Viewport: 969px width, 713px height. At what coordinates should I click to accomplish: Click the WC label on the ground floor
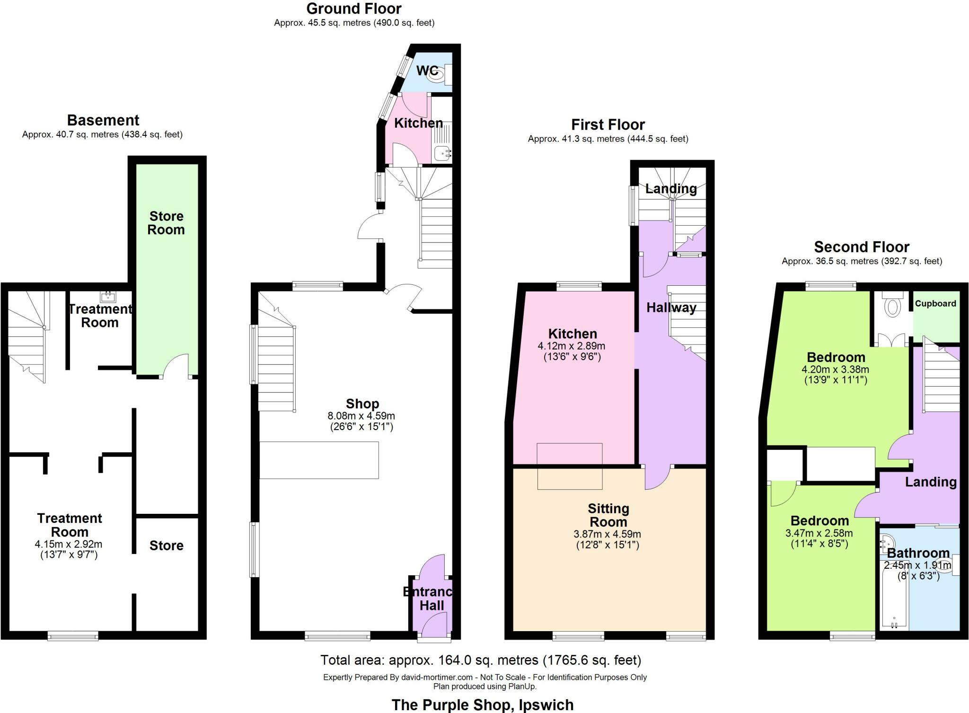coord(427,71)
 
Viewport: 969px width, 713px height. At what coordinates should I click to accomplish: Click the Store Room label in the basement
coord(166,223)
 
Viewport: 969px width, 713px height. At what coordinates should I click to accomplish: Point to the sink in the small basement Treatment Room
coord(108,297)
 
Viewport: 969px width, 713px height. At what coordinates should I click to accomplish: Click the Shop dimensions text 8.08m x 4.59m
coord(361,416)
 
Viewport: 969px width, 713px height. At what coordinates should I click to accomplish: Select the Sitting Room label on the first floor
coord(608,515)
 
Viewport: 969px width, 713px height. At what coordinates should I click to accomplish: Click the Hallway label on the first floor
coord(671,308)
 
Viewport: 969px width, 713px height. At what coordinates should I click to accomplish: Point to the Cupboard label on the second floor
coord(935,304)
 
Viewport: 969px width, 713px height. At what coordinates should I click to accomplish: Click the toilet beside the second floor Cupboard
coord(892,306)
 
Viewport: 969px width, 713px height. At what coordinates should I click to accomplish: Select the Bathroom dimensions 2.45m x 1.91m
coord(917,565)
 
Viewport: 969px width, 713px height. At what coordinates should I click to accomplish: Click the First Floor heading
coord(608,124)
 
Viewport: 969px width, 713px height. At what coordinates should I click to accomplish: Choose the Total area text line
coord(481,660)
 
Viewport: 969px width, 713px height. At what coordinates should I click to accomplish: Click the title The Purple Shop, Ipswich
coord(482,704)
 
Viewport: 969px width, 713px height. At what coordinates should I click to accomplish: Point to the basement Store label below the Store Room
coord(166,546)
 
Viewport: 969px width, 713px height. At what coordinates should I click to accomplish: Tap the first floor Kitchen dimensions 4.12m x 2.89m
coord(572,346)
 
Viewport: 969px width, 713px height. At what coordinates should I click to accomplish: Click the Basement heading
coord(103,120)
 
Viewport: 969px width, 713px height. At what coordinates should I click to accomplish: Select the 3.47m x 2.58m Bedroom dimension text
coord(819,533)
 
